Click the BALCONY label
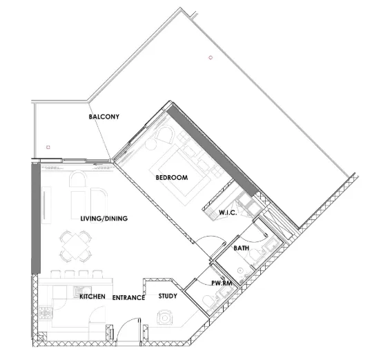[x=104, y=117]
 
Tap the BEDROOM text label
[x=172, y=177]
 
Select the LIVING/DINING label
[x=104, y=219]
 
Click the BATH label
[x=241, y=248]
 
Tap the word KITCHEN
[x=92, y=297]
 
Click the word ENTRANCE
[x=128, y=297]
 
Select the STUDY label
[x=167, y=297]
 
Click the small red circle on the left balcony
[x=47, y=147]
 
